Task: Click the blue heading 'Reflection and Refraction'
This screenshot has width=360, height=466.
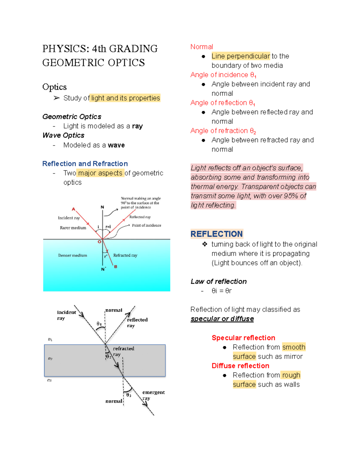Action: [x=85, y=164]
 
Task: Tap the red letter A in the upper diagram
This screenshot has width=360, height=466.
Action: [x=73, y=209]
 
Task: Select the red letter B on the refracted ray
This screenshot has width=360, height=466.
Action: [x=115, y=266]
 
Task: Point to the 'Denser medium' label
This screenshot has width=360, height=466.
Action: [x=73, y=255]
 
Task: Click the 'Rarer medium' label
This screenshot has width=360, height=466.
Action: [x=73, y=228]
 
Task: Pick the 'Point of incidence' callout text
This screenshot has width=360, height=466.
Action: [x=146, y=225]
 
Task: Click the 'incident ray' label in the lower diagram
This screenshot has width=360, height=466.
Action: [x=66, y=315]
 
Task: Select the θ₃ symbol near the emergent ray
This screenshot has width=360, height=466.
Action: [x=129, y=395]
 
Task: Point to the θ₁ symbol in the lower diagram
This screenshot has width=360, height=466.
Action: [x=99, y=324]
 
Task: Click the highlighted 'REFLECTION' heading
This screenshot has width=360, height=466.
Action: [x=217, y=234]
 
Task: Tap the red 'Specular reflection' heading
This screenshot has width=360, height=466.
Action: [x=243, y=338]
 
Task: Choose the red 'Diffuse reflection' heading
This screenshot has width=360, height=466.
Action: [x=240, y=366]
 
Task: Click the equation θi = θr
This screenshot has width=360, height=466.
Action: [x=221, y=291]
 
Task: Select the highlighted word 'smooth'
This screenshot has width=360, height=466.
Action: [x=294, y=347]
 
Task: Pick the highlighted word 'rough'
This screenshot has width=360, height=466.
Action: [x=291, y=375]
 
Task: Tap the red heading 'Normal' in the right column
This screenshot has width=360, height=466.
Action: [x=202, y=47]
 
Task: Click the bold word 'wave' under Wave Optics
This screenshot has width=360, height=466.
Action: [x=116, y=145]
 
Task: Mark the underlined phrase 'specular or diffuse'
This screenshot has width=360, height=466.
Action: [x=222, y=319]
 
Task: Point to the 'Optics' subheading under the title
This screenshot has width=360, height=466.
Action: [x=54, y=87]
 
